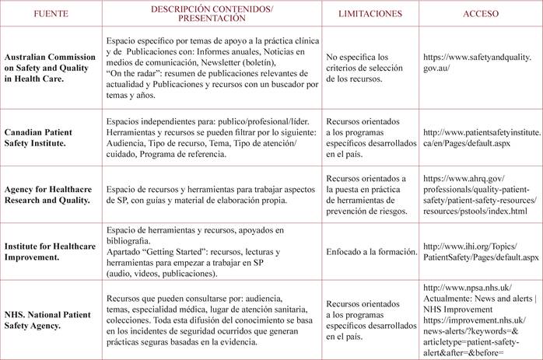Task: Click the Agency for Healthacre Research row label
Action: point(51,194)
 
